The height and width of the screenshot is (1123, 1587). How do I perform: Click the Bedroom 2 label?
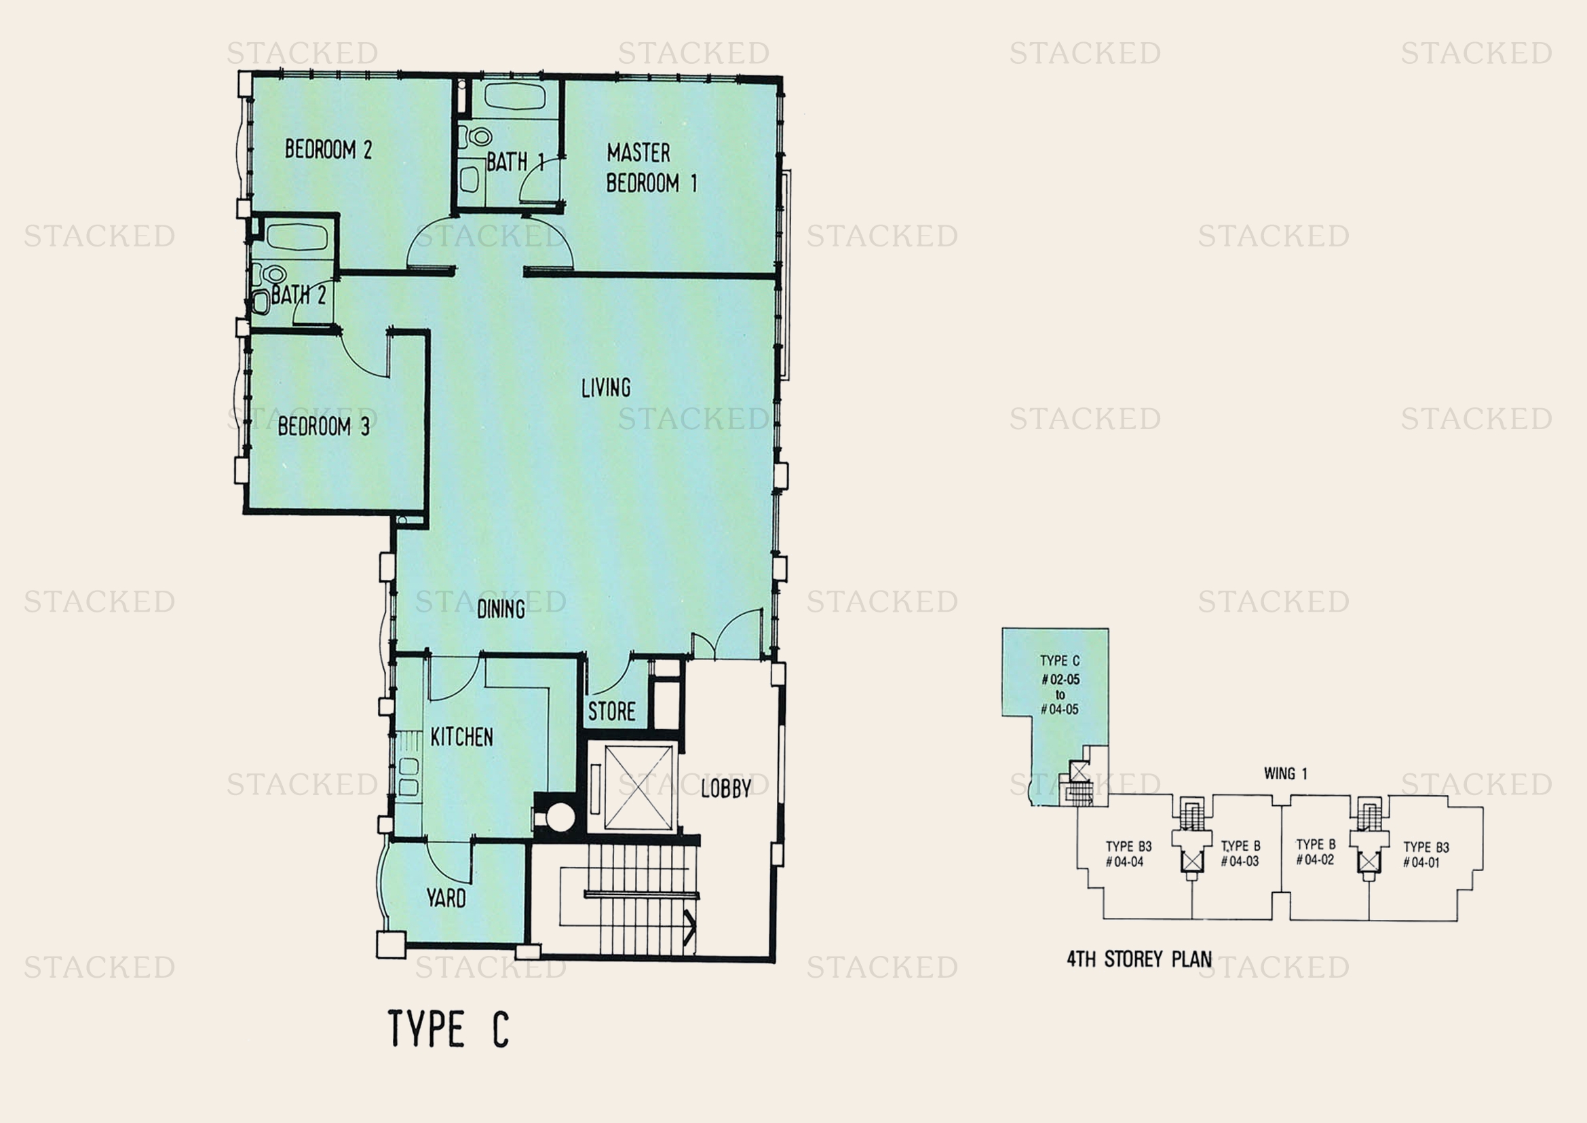pos(328,149)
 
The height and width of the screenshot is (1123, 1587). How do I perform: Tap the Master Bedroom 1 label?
pos(651,167)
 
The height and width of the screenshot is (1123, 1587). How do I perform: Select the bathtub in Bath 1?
pos(515,97)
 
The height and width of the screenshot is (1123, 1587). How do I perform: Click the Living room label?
pos(605,388)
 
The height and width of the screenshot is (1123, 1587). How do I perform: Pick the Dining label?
pos(501,609)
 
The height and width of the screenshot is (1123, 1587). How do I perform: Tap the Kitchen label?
pos(462,737)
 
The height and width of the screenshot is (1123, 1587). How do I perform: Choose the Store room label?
pos(611,712)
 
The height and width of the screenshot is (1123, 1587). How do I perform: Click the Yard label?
pos(446,898)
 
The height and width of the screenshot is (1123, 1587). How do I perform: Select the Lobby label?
pos(726,788)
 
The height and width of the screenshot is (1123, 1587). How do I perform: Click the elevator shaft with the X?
pos(638,787)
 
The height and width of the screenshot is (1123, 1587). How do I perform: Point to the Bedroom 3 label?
pos(324,426)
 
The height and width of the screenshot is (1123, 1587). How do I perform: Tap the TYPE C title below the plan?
pos(448,1028)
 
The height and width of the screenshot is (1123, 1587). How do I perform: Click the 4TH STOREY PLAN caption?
pos(1139,959)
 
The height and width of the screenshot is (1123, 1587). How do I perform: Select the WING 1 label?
pos(1286,774)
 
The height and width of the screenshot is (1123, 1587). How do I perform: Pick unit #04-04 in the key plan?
pos(1128,854)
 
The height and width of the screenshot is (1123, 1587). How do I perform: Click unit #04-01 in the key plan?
pos(1426,855)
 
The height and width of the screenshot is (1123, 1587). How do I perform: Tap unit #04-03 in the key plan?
pos(1240,854)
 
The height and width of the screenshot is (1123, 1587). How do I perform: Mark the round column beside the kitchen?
pos(560,817)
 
